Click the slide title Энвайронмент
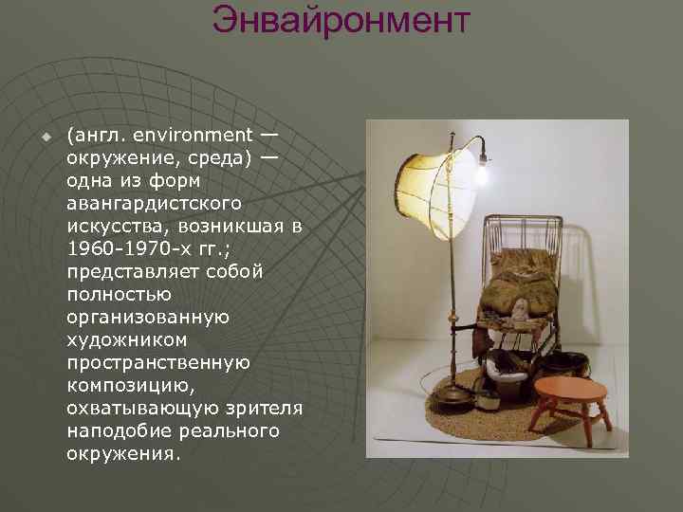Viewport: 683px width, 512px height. [x=341, y=20]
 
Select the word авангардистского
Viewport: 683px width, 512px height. [x=155, y=203]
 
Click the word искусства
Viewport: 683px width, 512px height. [x=112, y=226]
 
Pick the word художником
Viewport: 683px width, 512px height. [x=127, y=339]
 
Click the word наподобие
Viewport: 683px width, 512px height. [x=118, y=430]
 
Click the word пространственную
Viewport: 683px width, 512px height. [x=158, y=362]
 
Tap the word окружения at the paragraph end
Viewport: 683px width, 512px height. [x=120, y=453]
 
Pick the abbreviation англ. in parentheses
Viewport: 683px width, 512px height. [x=97, y=135]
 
